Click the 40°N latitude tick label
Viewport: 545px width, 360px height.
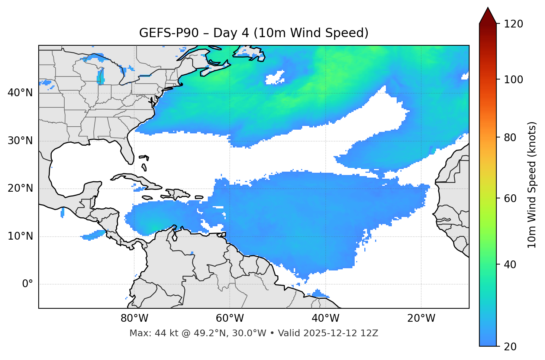coord(20,93)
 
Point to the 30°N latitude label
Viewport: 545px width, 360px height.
coord(20,141)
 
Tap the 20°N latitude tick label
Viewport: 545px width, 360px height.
coord(20,188)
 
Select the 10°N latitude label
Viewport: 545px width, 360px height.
coord(20,236)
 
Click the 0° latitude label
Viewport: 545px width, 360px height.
coord(28,284)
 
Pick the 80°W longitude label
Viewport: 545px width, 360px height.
coord(134,318)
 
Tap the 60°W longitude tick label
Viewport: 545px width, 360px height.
coord(230,318)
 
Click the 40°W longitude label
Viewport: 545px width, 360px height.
coord(325,318)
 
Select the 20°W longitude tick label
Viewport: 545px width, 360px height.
coord(421,318)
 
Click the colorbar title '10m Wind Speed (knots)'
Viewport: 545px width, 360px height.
coord(532,185)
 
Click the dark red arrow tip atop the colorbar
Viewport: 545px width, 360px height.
coord(488,15)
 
